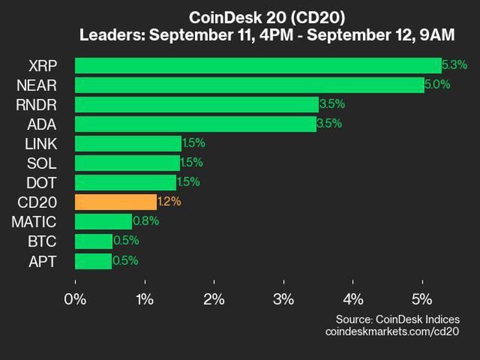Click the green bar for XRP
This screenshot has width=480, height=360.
coord(258,65)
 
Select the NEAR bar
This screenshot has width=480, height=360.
coord(249,85)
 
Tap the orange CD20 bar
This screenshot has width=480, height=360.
coord(116,202)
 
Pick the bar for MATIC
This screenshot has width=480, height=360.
coord(103,221)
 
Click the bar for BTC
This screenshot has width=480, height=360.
coord(94,241)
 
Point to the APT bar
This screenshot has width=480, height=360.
coord(93,261)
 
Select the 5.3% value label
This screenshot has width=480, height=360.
coord(454,65)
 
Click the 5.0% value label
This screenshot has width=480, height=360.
coord(437,85)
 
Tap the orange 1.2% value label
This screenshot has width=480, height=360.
coord(169,202)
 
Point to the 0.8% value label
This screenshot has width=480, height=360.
coord(145,221)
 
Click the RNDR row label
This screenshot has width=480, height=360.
coord(37,104)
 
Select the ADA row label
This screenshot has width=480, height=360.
coord(43,124)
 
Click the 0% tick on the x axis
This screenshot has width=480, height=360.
coord(75,298)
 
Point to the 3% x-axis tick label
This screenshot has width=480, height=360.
coord(283,298)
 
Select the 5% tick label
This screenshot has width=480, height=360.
coord(422,298)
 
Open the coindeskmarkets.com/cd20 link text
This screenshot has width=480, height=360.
coord(391,331)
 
